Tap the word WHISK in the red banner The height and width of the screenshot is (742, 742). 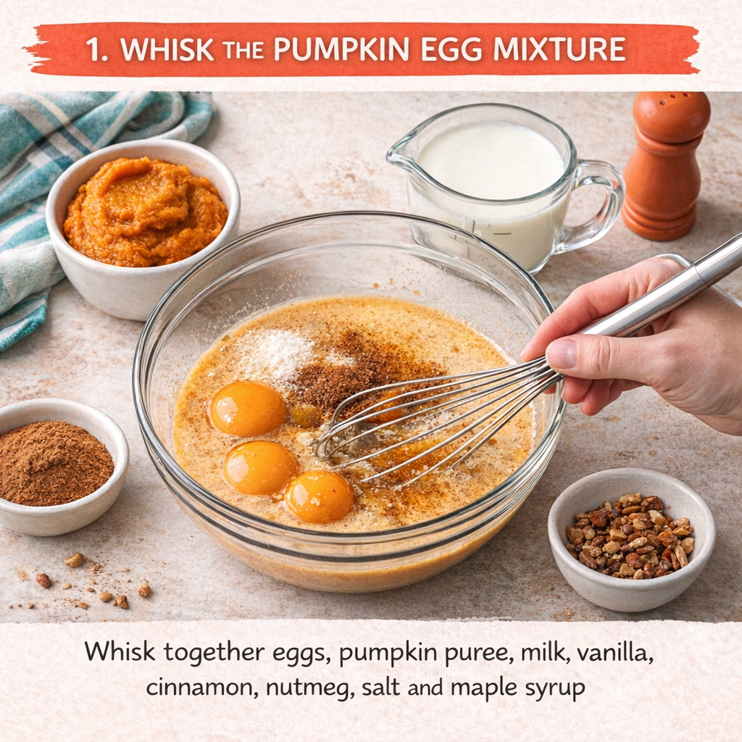pyautogui.click(x=167, y=49)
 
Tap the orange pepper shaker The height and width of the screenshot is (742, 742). pyautogui.click(x=667, y=166)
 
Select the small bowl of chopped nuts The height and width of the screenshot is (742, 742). pyautogui.click(x=631, y=539)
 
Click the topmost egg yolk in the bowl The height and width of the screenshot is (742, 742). pyautogui.click(x=249, y=409)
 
